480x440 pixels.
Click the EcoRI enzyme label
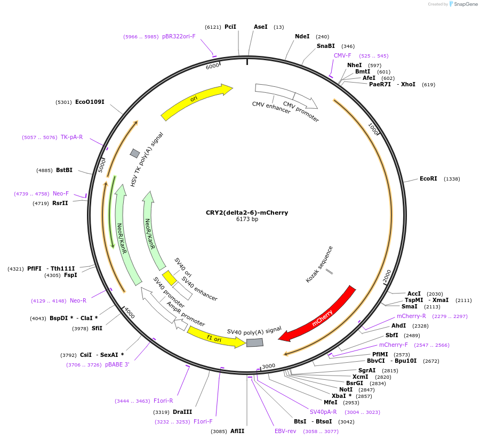[428, 179]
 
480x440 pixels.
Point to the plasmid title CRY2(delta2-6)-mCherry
[247, 213]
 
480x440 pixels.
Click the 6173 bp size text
[247, 219]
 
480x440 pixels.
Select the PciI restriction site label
[230, 27]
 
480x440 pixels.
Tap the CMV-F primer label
[342, 55]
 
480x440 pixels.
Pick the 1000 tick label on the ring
[373, 129]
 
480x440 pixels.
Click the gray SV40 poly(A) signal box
[254, 343]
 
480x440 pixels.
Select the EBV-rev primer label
[285, 431]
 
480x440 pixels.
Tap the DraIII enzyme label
[182, 412]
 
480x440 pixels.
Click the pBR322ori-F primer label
[179, 37]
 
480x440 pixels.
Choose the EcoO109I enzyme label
[90, 102]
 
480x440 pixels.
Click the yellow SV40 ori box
[170, 278]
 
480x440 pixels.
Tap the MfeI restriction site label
[331, 403]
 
